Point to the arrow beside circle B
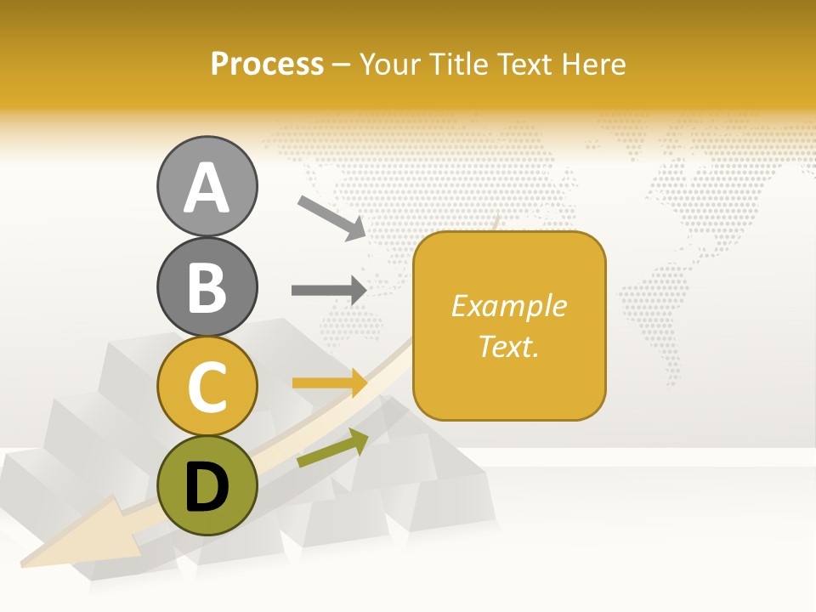coord(329,290)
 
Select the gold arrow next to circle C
coord(329,383)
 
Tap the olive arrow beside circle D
coord(332,448)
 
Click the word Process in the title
coord(267,65)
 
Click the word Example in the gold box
coord(508,306)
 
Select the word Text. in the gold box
coord(508,346)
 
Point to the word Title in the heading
coord(457,65)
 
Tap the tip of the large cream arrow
coord(25,561)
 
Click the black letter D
coord(207,488)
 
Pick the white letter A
coord(207,188)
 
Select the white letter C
coord(207,387)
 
